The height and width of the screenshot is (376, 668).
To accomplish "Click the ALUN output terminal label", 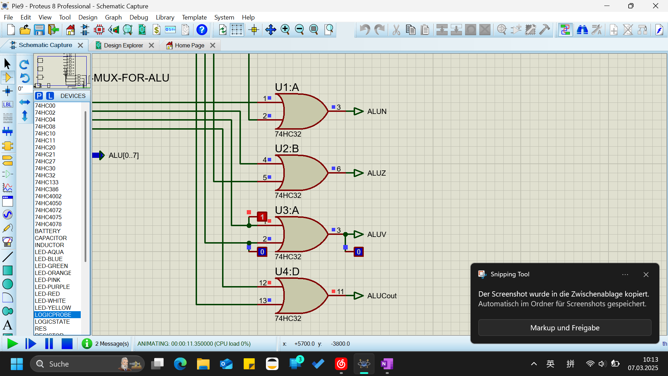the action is [x=377, y=112].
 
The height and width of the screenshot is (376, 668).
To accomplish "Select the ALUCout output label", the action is [x=382, y=296].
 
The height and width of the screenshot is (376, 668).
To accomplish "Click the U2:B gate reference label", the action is [x=287, y=149].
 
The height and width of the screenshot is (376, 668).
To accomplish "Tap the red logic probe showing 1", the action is [x=262, y=217].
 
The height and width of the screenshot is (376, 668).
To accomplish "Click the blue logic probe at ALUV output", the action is [x=359, y=252].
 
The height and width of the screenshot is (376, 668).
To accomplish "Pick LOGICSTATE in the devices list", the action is [x=52, y=322].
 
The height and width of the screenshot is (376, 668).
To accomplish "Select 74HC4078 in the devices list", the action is [x=48, y=224].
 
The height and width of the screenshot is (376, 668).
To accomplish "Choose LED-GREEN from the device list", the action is [x=51, y=266].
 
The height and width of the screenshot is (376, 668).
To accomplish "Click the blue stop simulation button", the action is [x=67, y=344].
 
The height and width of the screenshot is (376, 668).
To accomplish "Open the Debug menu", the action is [x=139, y=17].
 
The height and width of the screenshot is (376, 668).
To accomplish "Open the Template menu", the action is [x=194, y=17].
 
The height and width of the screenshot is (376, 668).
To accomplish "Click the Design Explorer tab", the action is [x=124, y=45].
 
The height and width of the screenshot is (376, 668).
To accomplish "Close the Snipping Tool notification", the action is [x=646, y=275].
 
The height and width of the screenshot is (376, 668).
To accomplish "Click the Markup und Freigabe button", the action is [x=565, y=328].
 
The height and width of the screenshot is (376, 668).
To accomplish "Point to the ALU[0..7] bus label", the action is [x=124, y=155].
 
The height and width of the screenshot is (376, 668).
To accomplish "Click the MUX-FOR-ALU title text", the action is [x=132, y=78].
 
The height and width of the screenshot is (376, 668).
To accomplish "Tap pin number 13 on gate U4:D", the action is [x=263, y=300].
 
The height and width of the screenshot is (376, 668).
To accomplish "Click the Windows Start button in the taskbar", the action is [x=17, y=364].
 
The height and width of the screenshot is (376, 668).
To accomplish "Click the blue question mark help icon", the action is [x=202, y=30].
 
